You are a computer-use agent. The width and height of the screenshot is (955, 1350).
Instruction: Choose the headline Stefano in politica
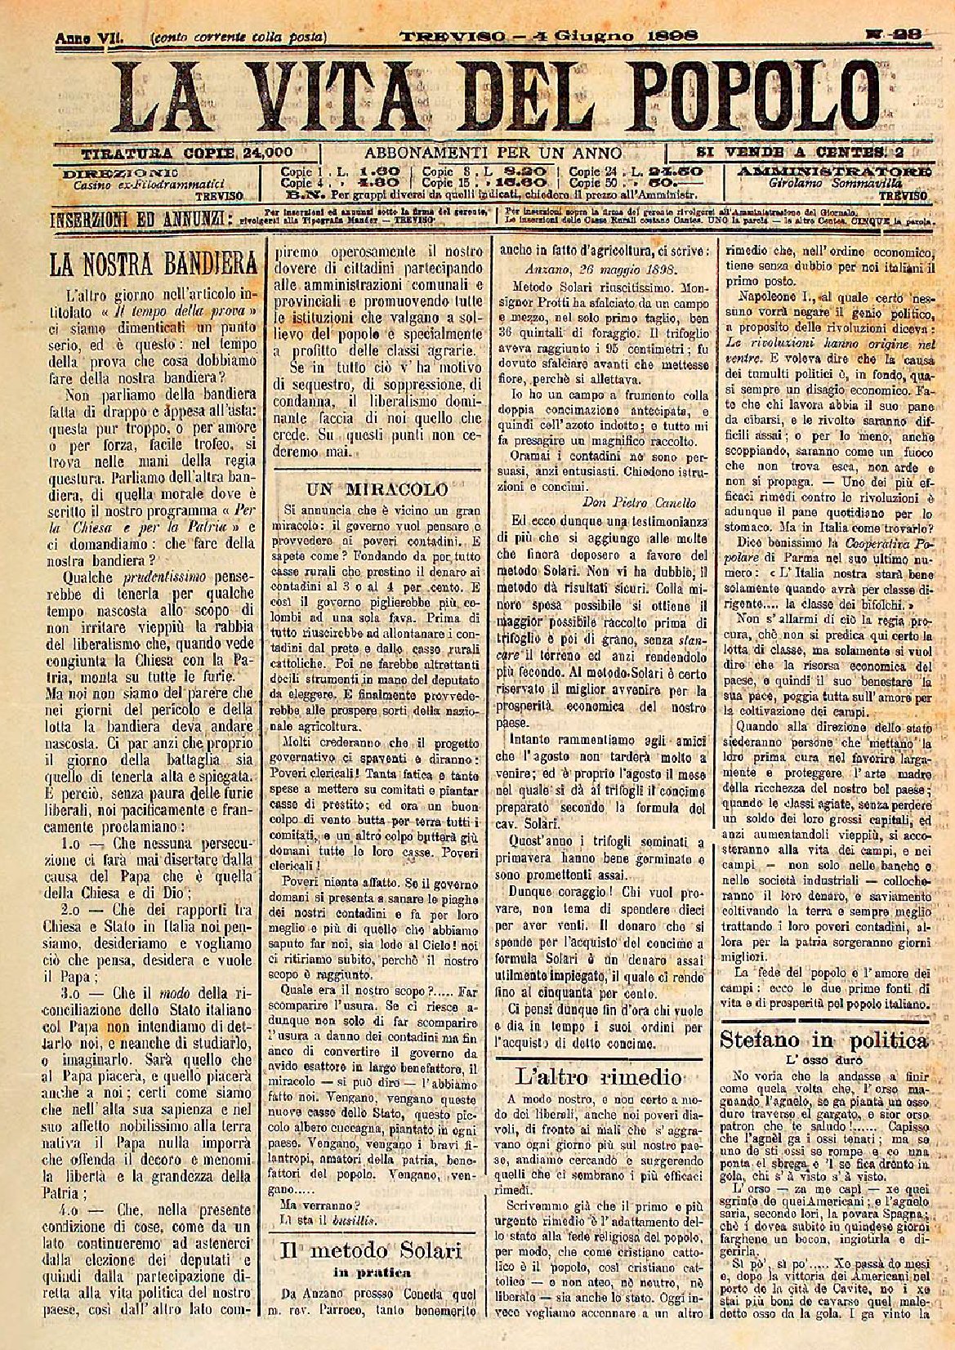tap(823, 1040)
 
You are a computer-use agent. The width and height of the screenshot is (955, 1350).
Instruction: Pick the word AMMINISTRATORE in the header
tap(833, 172)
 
